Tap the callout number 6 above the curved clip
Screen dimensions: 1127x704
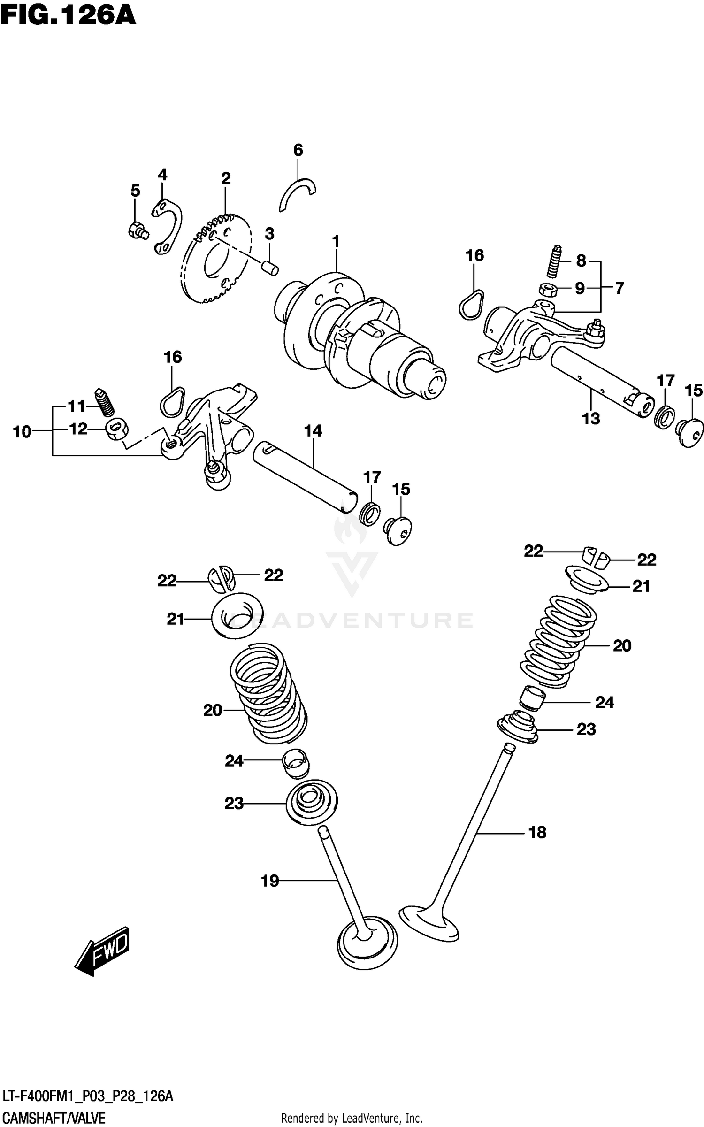[298, 150]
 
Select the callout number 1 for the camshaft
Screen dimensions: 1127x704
[336, 242]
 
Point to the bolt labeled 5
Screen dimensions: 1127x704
[137, 230]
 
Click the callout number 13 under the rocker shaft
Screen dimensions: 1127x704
[591, 418]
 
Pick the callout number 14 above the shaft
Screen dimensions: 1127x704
[313, 431]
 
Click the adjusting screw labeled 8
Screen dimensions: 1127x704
[555, 261]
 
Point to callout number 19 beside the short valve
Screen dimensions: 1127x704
[270, 881]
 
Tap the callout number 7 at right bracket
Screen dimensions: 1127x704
[619, 288]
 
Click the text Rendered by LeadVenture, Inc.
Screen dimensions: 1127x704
[352, 1119]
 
